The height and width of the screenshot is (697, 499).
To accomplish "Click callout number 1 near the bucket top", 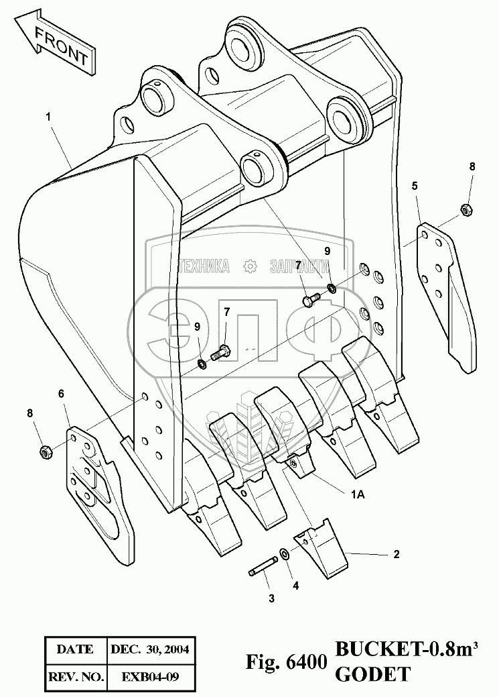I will point(48,117).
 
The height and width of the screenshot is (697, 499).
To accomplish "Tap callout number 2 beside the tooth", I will point(397,554).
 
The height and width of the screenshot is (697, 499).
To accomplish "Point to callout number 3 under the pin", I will point(271,598).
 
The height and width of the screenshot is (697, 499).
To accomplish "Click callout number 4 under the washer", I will point(295,585).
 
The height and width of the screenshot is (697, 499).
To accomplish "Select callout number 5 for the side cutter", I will point(415,184).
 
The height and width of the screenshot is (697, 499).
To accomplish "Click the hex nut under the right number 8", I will point(467,210).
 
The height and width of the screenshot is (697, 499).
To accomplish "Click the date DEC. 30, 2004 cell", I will point(150,649).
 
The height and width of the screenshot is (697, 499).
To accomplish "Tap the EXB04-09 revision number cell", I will point(150,678).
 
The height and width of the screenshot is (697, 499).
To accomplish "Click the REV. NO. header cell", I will point(74,678).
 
